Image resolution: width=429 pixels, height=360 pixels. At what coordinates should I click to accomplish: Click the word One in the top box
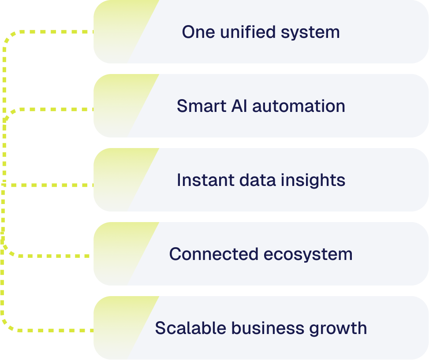click(x=196, y=32)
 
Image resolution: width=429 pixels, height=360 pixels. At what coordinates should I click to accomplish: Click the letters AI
click(x=236, y=106)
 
